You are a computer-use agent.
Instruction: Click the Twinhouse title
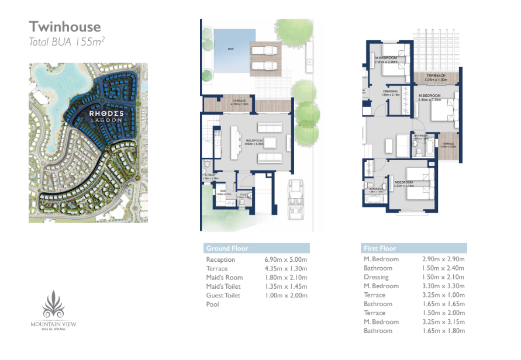(65, 26)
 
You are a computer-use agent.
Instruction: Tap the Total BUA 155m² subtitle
(67, 41)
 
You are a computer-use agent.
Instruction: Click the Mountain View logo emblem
(54, 304)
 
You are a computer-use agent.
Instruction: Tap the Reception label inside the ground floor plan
(254, 141)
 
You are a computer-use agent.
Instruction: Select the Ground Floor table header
(227, 248)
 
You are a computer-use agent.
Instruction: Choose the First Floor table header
(379, 248)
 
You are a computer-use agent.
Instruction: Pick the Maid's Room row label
(224, 278)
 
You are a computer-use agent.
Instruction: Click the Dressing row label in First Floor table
(376, 277)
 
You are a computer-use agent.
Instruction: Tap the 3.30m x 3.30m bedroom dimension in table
(443, 286)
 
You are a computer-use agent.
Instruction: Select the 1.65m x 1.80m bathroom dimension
(443, 331)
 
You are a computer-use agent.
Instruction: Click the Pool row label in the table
(212, 304)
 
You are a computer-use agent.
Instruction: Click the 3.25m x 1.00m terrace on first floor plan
(436, 77)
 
